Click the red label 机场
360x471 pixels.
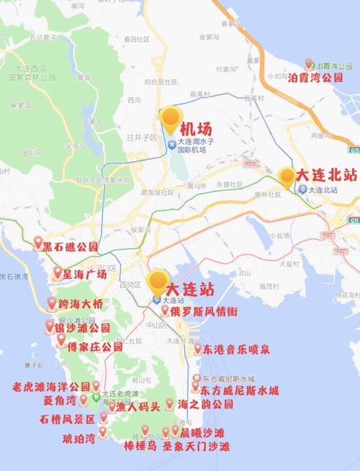[x=195, y=130]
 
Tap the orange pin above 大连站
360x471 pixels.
[x=158, y=281]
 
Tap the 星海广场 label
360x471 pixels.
[x=85, y=274]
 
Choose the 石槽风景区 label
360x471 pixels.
[x=68, y=418]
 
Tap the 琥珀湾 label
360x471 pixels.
[x=79, y=437]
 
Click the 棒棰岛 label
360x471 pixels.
[x=140, y=447]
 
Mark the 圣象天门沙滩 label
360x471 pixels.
[x=195, y=447]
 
